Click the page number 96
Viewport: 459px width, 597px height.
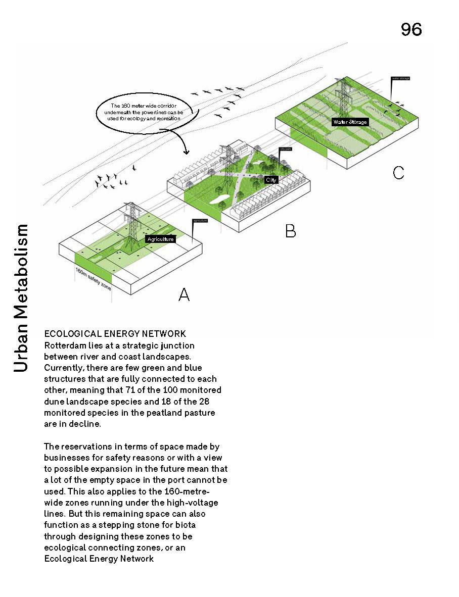[x=411, y=30]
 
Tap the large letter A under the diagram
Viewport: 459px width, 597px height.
[x=184, y=294]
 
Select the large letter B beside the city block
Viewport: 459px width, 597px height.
[x=290, y=231]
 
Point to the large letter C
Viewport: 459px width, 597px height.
[x=398, y=173]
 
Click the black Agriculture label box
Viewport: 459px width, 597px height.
[x=160, y=239]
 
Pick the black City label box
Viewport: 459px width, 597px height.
[x=271, y=180]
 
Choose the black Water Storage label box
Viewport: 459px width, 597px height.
[x=350, y=122]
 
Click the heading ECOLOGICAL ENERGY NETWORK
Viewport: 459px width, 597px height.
[x=115, y=334]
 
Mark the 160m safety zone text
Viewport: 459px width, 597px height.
[x=93, y=279]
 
